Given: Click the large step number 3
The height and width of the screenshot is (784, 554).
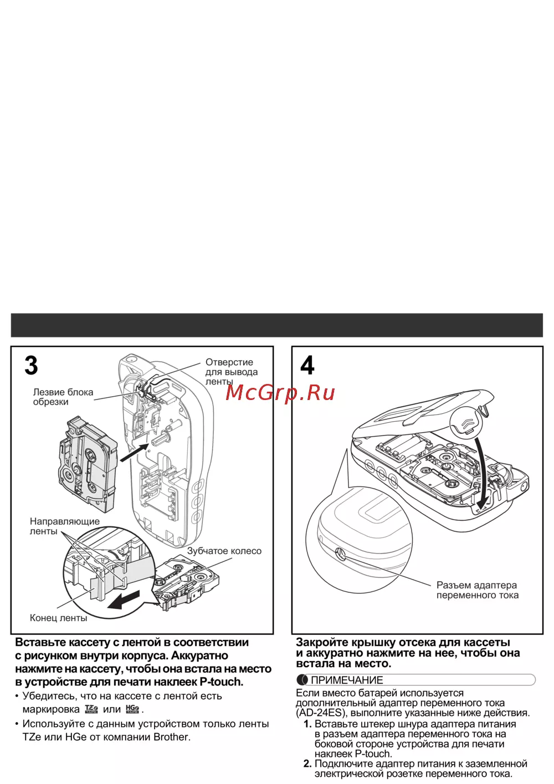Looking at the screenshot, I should point(32,366).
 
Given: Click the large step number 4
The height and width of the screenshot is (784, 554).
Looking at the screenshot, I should point(307,366).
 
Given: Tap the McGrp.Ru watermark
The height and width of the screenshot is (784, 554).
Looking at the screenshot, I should point(280,392).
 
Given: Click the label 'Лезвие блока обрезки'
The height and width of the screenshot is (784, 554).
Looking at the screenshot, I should point(63,397).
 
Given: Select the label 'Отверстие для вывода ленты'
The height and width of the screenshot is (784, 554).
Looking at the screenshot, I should point(231,372).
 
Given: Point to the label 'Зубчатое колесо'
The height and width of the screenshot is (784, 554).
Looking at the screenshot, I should point(224,551).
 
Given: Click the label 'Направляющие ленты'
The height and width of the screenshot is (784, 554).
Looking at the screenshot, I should point(64,526).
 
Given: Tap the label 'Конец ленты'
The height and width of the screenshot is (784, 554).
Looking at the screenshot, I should point(58,618).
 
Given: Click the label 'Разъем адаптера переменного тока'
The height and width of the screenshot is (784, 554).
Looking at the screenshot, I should point(477,590).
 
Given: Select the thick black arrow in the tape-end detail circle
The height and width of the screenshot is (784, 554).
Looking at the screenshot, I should point(124,599).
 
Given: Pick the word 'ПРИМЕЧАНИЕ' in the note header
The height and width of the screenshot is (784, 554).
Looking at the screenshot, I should point(347,680).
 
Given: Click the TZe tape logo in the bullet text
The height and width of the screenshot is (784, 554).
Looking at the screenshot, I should point(91,709).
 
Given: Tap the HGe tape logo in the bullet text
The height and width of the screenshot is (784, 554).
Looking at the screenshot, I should point(132,709).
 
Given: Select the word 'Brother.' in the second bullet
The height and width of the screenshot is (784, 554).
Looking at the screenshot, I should point(172,737).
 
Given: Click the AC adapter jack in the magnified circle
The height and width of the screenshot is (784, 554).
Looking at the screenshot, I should point(340,554).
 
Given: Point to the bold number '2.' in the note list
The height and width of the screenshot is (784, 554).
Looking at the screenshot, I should point(307,763).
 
